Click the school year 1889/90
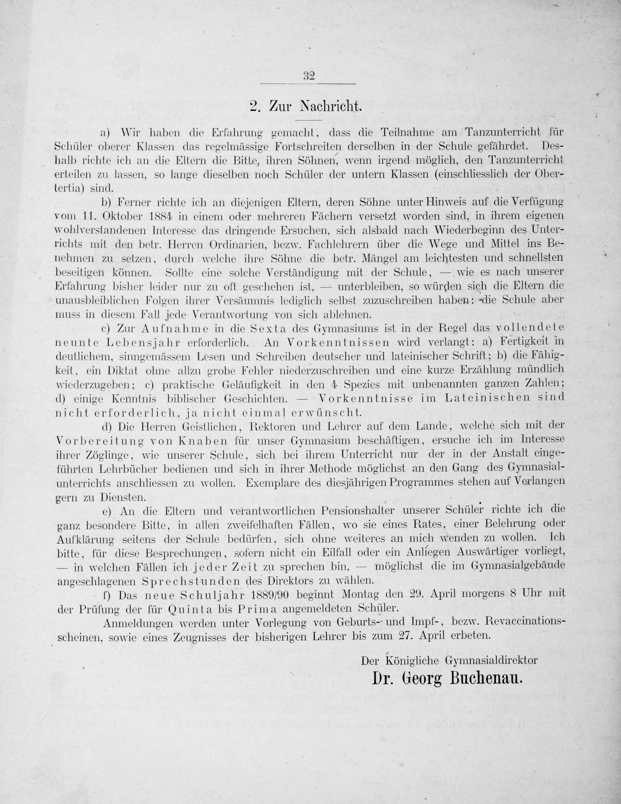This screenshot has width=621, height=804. tap(287, 594)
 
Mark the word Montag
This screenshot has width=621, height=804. tap(362, 594)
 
